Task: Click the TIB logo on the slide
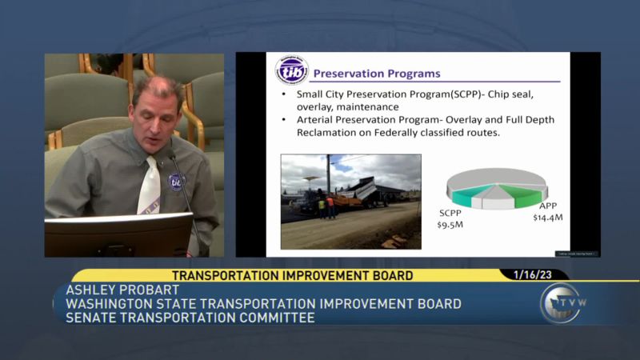292,71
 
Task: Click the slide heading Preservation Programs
376,74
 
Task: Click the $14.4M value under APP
548,217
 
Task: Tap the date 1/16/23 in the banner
533,274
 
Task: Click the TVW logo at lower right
560,304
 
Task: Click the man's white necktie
150,187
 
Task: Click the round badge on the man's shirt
176,181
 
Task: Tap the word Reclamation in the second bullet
317,133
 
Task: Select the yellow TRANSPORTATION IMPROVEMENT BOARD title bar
292,275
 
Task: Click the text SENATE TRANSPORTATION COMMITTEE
190,318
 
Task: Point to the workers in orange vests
326,207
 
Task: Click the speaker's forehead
155,90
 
